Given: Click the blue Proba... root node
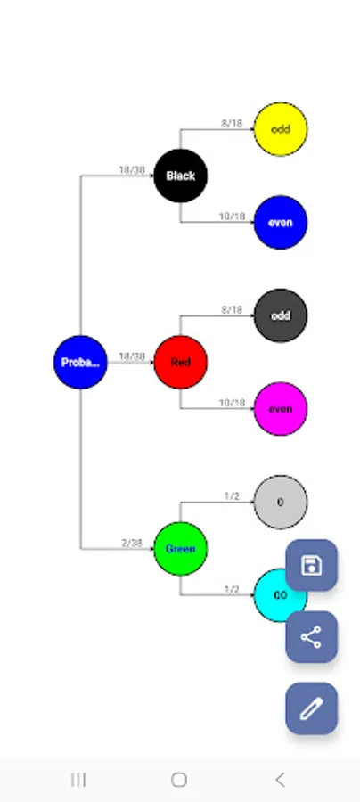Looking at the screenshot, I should [x=80, y=363].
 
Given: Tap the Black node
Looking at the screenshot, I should [x=180, y=176].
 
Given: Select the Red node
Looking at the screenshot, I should [x=180, y=363].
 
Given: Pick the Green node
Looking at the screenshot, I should [x=180, y=548].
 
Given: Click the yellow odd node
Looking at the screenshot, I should [x=281, y=129].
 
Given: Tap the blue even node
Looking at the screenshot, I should [x=281, y=223].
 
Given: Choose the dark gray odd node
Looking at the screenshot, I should [x=281, y=315].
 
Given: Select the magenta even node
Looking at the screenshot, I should [x=281, y=409].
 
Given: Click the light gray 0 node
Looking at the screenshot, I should [x=281, y=502].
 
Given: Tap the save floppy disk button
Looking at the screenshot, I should [x=311, y=565].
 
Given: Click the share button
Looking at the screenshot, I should [x=311, y=636].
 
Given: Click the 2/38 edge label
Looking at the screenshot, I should [x=132, y=543].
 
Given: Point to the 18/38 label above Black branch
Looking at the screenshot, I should [x=132, y=169].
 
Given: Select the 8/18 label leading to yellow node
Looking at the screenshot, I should [x=232, y=124].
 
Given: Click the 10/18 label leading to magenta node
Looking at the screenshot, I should [x=232, y=403].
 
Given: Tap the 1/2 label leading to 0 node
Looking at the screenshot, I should [x=232, y=496].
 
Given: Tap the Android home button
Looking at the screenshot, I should [x=179, y=780].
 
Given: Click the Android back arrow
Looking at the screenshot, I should [x=280, y=780].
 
